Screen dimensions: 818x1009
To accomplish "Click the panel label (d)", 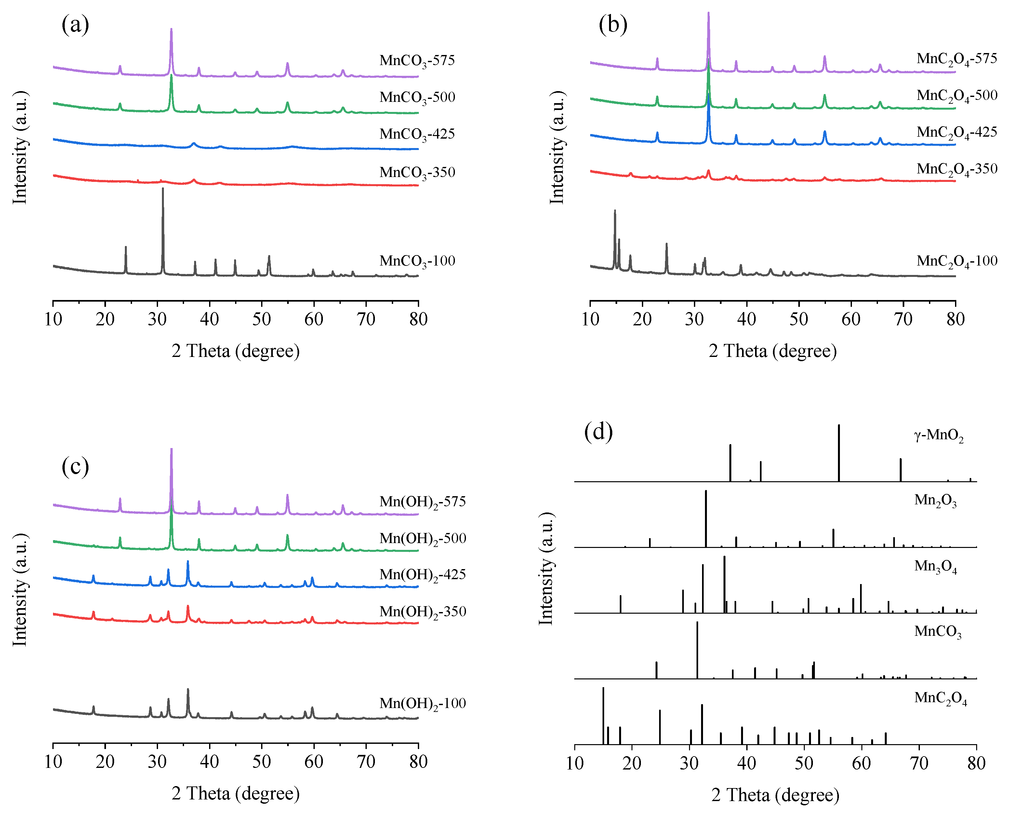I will tap(598, 431).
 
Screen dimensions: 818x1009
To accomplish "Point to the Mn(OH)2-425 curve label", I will tap(422, 575).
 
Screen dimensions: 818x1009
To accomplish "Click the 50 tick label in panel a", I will tap(261, 320).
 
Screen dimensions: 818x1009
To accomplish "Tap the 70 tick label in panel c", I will tap(366, 762).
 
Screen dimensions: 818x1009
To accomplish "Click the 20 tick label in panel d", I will tap(631, 763).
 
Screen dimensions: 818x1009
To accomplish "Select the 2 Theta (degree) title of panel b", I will tap(772, 351).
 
